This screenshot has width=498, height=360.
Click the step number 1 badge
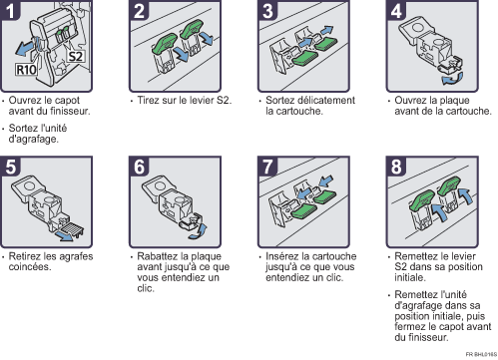click(x=11, y=11)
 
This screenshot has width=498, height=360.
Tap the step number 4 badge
click(x=396, y=11)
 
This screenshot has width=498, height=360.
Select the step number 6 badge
click(x=139, y=167)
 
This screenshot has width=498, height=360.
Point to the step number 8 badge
click(x=396, y=167)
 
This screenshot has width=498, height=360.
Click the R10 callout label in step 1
click(x=26, y=70)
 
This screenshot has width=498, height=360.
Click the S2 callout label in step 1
click(x=76, y=57)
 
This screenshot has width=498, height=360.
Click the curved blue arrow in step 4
click(x=452, y=79)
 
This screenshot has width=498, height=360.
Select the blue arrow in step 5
click(x=65, y=236)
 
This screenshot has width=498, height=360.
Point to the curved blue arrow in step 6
click(x=198, y=231)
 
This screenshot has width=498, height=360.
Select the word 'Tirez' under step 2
click(x=146, y=100)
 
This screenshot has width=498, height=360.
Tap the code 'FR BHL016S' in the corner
click(x=481, y=354)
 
